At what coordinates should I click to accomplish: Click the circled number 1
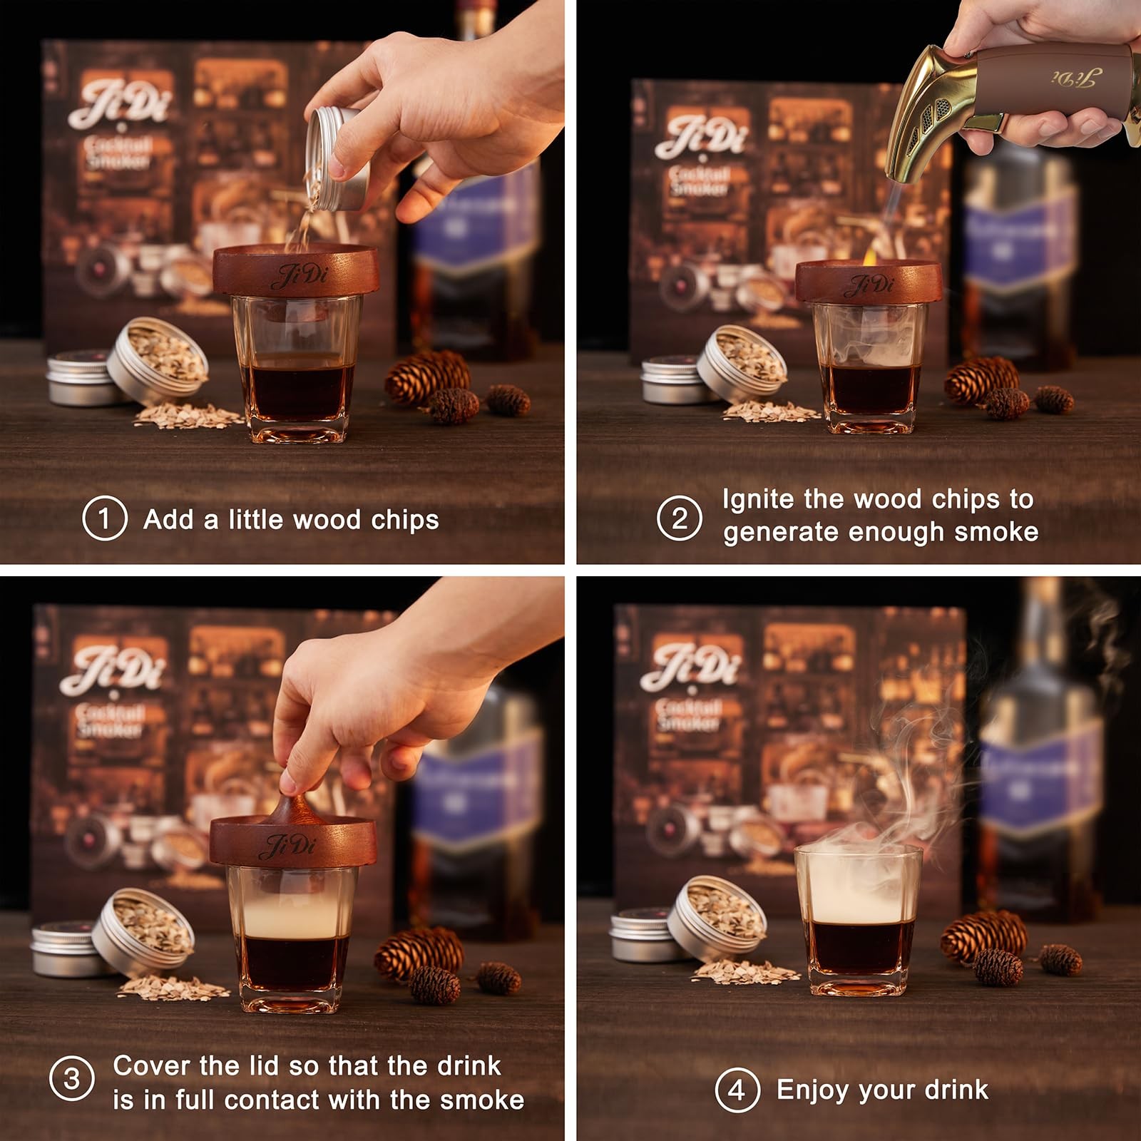[x=105, y=518]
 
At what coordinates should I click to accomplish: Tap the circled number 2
[x=679, y=517]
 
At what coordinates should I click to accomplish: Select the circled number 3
[x=71, y=1078]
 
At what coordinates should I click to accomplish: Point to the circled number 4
[x=737, y=1089]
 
